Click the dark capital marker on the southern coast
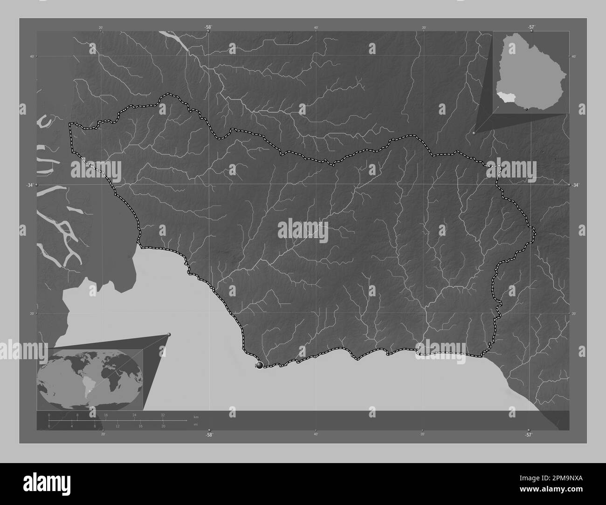260,366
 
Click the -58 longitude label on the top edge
208,27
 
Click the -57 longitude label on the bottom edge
528,435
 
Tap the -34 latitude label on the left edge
31,185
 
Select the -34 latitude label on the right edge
576,185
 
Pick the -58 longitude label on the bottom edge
209,435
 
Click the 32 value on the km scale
163,415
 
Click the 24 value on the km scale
134,415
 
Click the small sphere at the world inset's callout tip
169,334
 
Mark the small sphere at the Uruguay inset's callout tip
474,133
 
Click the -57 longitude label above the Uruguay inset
531,27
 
